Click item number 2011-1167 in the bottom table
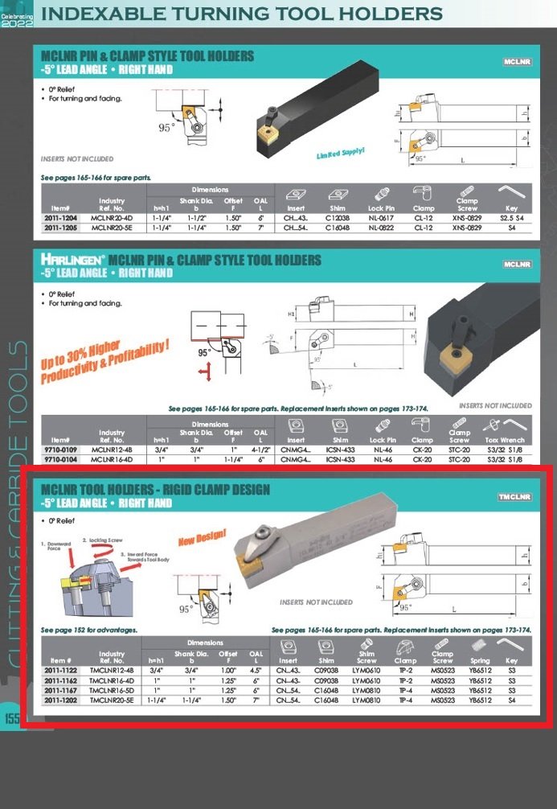[61, 690]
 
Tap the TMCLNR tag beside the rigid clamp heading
[514, 497]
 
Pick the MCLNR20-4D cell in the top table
[112, 218]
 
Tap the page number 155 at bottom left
[12, 718]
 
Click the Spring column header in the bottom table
[480, 661]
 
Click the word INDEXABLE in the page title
[103, 14]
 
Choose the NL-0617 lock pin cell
[383, 218]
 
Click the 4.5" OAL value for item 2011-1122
[256, 670]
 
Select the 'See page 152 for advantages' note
[89, 630]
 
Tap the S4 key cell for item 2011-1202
[512, 700]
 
